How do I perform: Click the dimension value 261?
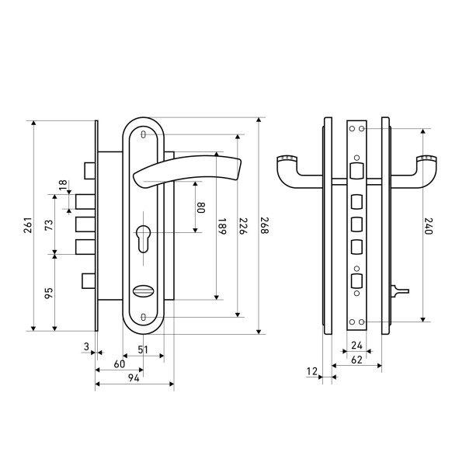(27, 226)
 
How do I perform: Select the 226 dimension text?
(242, 226)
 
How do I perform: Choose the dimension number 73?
(48, 225)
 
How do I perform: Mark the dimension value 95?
(48, 293)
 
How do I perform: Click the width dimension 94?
(133, 378)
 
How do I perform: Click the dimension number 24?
(356, 345)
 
